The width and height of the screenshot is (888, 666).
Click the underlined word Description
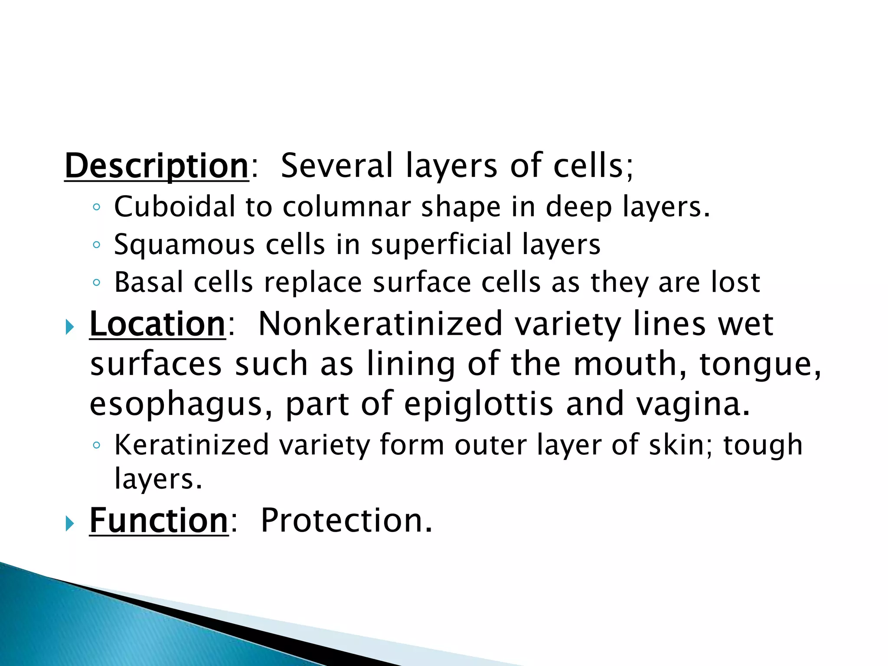pyautogui.click(x=156, y=166)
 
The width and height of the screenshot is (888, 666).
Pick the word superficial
pyautogui.click(x=441, y=245)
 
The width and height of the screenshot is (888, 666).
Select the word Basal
pyautogui.click(x=149, y=282)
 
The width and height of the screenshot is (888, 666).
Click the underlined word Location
pyautogui.click(x=157, y=324)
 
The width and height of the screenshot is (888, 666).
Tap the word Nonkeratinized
pyautogui.click(x=380, y=324)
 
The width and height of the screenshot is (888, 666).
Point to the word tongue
pyautogui.click(x=760, y=364)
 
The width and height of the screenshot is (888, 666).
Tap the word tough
pyautogui.click(x=763, y=445)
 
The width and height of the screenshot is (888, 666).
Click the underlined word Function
pyautogui.click(x=159, y=520)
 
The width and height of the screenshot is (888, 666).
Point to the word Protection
pyautogui.click(x=346, y=520)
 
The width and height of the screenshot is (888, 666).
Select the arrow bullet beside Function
pyautogui.click(x=69, y=523)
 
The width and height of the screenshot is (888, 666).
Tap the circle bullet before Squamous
pyautogui.click(x=96, y=245)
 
